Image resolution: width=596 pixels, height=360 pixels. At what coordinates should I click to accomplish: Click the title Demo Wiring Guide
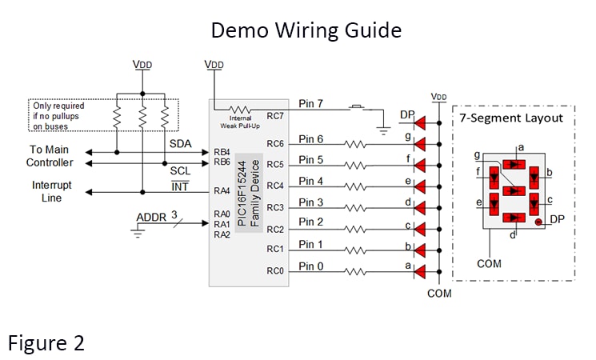point(306,30)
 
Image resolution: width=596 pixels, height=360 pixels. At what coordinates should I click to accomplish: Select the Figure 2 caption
point(46,342)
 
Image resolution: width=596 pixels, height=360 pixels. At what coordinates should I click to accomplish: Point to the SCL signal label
point(181,171)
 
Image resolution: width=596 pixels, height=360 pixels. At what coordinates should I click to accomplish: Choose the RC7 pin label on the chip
point(275,116)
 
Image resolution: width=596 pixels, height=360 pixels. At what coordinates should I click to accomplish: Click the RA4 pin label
point(222,192)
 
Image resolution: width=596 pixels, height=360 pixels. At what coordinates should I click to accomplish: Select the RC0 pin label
point(275,271)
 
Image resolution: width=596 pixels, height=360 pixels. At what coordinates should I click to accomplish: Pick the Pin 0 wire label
point(311,266)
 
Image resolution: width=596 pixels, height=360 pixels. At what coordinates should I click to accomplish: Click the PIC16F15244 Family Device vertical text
point(250,192)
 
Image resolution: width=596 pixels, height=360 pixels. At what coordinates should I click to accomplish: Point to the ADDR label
point(151,217)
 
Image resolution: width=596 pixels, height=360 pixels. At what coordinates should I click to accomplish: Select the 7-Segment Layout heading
point(510,118)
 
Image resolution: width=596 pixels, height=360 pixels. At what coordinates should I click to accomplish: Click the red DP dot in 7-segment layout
point(539,222)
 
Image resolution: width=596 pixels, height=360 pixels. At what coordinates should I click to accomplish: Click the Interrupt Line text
point(51,192)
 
